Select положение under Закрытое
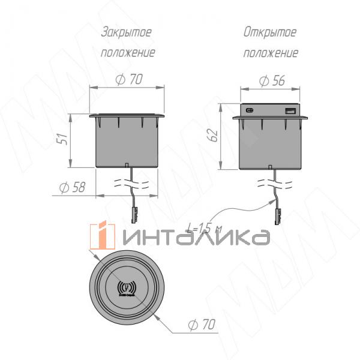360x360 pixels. (x=127, y=52)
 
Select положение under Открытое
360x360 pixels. (x=271, y=52)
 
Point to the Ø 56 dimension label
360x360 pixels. (x=271, y=81)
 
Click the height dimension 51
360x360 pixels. (x=62, y=140)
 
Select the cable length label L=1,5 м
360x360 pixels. (x=202, y=229)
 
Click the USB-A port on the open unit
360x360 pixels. (x=289, y=111)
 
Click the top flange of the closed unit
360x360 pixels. (x=127, y=115)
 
